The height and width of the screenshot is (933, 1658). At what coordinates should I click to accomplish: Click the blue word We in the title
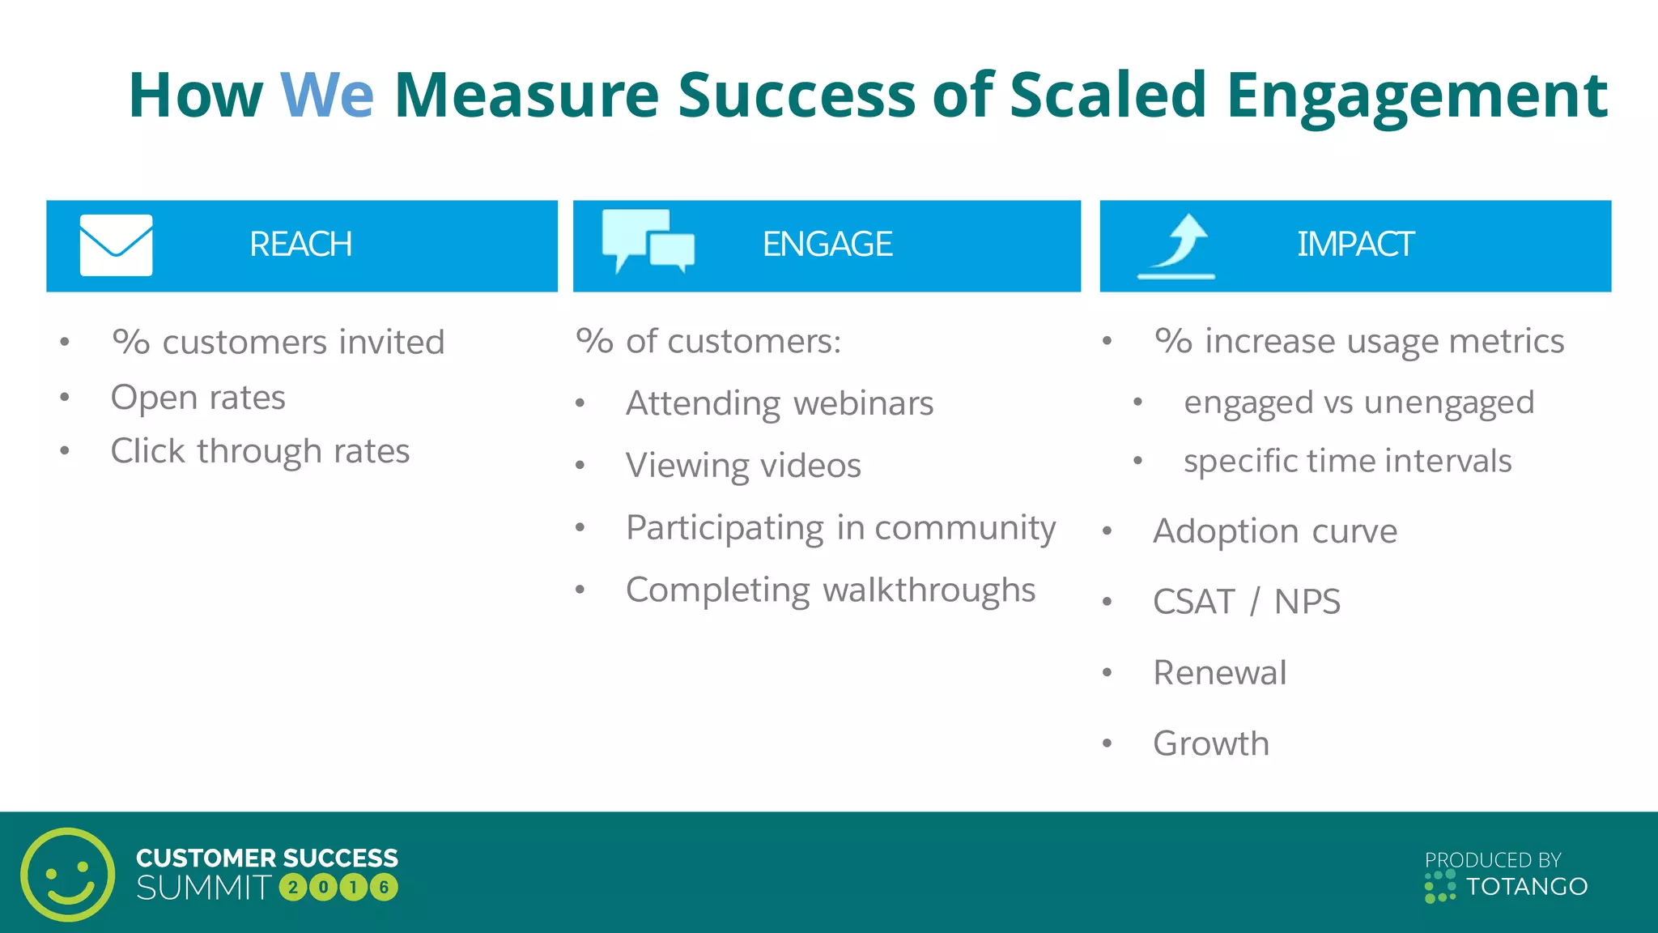pyautogui.click(x=326, y=96)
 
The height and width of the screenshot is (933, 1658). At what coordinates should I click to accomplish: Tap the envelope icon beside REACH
pyautogui.click(x=116, y=245)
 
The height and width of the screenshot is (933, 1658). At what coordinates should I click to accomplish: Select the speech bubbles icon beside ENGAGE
pyautogui.click(x=648, y=241)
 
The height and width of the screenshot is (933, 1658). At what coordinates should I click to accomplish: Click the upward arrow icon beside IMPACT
pyautogui.click(x=1178, y=245)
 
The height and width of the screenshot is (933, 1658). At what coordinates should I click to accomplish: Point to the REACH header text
pyautogui.click(x=300, y=245)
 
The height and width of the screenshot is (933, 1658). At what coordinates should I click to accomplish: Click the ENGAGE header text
pyautogui.click(x=827, y=245)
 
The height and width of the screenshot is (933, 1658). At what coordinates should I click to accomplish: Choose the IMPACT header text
pyautogui.click(x=1354, y=245)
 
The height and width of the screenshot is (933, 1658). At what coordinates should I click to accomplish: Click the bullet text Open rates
pyautogui.click(x=198, y=398)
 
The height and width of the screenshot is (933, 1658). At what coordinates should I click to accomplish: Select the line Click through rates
pyautogui.click(x=260, y=451)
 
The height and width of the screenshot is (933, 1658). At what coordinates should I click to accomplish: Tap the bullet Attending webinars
pyautogui.click(x=779, y=403)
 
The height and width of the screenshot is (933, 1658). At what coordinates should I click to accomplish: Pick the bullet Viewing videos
pyautogui.click(x=742, y=466)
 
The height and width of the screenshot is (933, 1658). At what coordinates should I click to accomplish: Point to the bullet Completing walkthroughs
pyautogui.click(x=830, y=590)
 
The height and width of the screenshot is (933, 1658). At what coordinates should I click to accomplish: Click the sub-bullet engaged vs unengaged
pyautogui.click(x=1358, y=403)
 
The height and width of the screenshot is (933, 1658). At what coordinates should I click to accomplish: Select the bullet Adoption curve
pyautogui.click(x=1274, y=531)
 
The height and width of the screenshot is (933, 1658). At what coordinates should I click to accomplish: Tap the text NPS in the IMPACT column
pyautogui.click(x=1307, y=602)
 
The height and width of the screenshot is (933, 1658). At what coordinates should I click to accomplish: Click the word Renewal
pyautogui.click(x=1219, y=673)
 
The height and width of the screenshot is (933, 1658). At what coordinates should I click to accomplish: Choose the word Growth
pyautogui.click(x=1210, y=743)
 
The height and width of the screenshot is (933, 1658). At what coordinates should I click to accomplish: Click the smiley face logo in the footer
pyautogui.click(x=67, y=875)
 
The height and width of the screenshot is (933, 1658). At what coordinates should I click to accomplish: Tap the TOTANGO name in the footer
pyautogui.click(x=1526, y=887)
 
